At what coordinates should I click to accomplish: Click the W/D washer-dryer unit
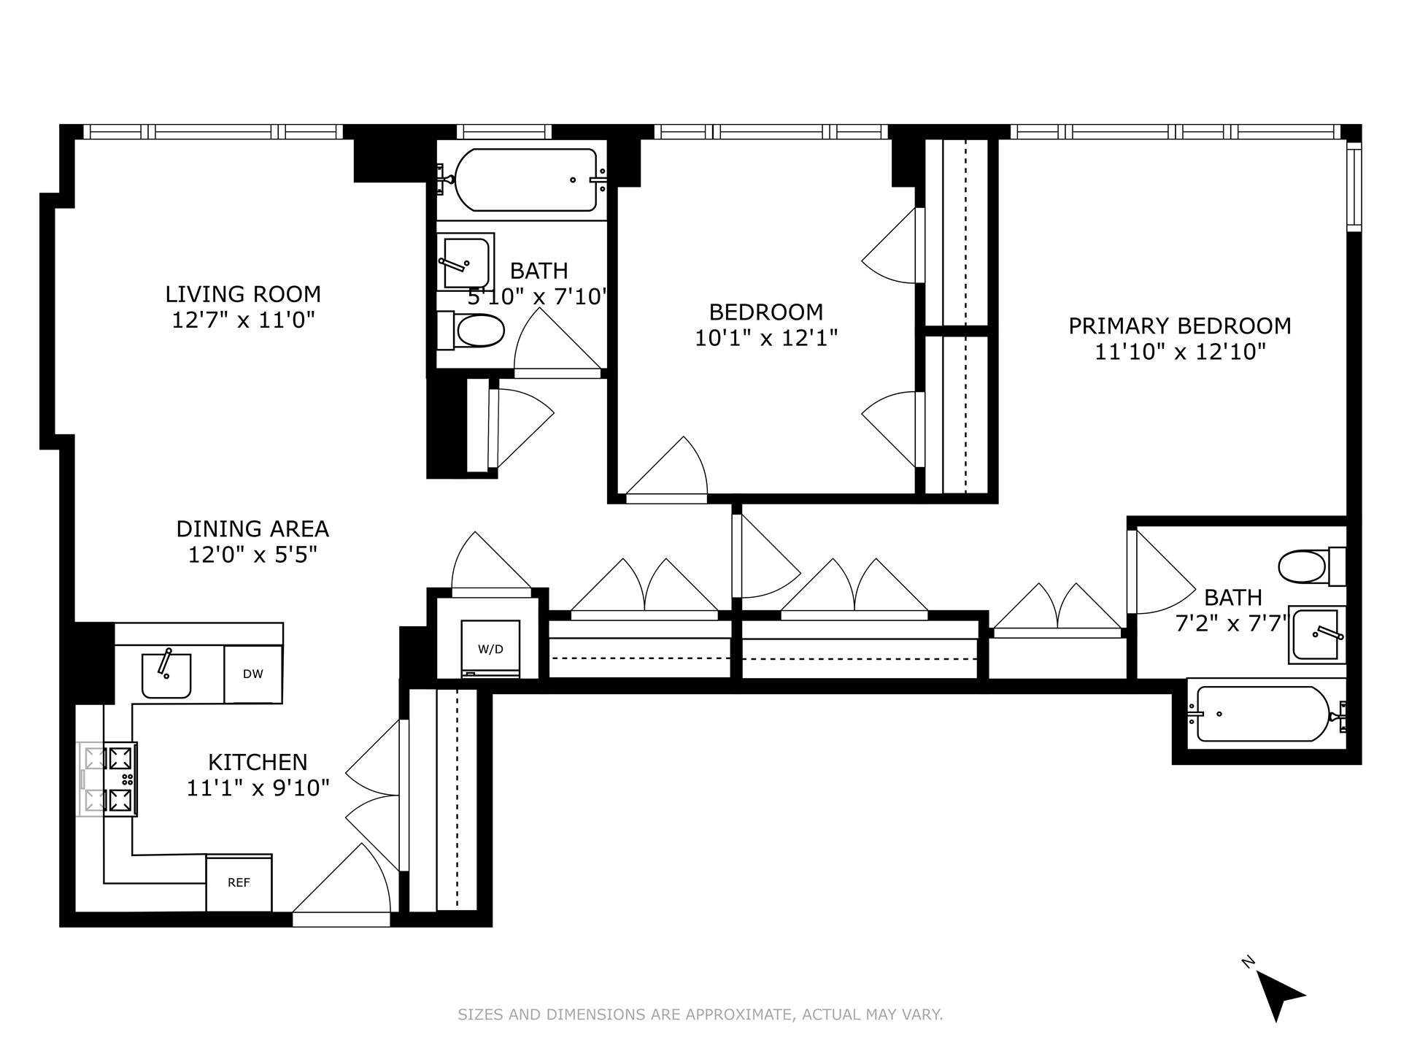490,648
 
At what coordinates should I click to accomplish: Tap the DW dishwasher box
252,674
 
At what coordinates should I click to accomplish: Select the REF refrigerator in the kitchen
239,883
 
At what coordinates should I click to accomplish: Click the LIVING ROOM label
243,294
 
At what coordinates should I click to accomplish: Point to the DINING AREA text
252,528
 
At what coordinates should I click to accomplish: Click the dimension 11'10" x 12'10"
1179,352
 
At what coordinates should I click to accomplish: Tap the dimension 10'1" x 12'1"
765,338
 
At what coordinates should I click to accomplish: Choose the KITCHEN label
258,762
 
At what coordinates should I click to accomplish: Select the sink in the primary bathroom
1316,634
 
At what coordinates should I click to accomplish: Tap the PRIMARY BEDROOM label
1179,326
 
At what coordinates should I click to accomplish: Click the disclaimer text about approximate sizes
700,1015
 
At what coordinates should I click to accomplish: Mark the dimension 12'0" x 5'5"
252,555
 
